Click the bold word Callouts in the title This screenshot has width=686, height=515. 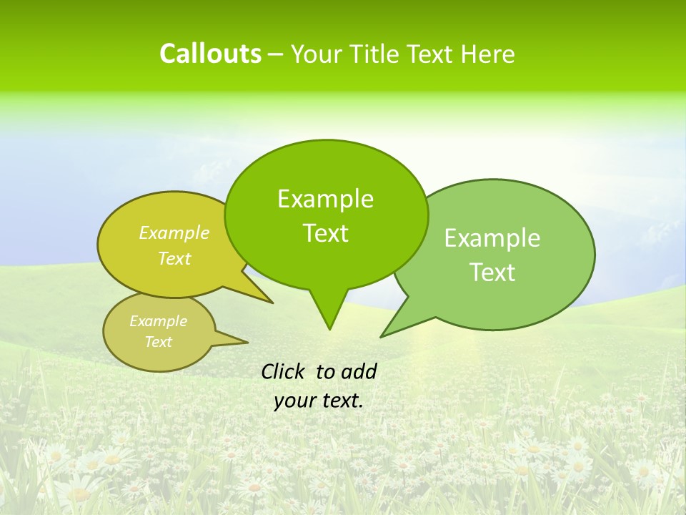pyautogui.click(x=210, y=54)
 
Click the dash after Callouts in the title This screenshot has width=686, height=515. pyautogui.click(x=277, y=54)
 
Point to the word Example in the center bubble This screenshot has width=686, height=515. pyautogui.click(x=325, y=199)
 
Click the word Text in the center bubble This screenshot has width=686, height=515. pyautogui.click(x=325, y=233)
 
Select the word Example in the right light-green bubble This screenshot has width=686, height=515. pyautogui.click(x=492, y=238)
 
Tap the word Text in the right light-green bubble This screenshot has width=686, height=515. pyautogui.click(x=492, y=273)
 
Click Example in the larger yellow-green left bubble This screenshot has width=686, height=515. pyautogui.click(x=174, y=233)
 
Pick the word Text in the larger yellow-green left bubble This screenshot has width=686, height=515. pyautogui.click(x=174, y=258)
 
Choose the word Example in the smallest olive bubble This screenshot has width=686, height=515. pyautogui.click(x=158, y=321)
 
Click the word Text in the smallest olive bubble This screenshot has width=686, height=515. pyautogui.click(x=158, y=342)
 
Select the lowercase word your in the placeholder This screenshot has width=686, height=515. pyautogui.click(x=294, y=401)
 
